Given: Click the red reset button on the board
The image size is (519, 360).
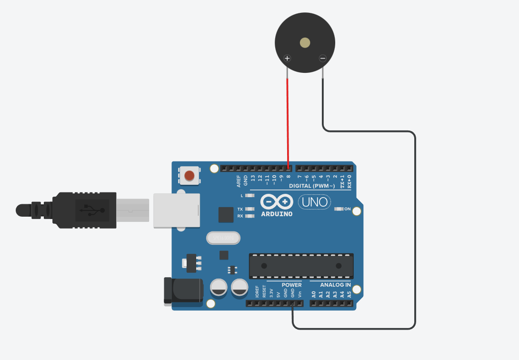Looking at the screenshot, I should (189, 176).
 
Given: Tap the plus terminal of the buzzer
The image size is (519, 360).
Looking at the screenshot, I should (287, 59).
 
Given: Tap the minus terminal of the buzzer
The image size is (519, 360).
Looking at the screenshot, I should (322, 59).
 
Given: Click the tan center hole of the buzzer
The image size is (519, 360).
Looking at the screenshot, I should (305, 43).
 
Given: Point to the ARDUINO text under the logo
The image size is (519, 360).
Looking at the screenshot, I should (277, 214).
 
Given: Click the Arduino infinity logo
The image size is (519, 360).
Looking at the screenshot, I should (277, 202).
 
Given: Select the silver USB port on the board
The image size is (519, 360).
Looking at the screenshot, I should (176, 210).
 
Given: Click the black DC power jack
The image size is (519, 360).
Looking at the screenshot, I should (183, 290).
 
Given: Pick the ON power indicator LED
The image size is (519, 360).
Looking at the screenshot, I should (339, 209).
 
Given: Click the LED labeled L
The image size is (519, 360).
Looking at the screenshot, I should (249, 196).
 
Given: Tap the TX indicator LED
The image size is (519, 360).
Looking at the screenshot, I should (249, 209).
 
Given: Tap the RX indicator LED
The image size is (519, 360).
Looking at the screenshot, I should (249, 216).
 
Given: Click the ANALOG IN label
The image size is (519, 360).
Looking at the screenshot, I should (335, 285).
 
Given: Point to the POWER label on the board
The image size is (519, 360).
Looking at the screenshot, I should (291, 285).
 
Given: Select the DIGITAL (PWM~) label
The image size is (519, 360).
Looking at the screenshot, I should (312, 186).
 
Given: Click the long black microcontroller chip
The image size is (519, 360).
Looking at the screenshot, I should (301, 266).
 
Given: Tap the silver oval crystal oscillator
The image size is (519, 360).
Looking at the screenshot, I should (223, 237).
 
